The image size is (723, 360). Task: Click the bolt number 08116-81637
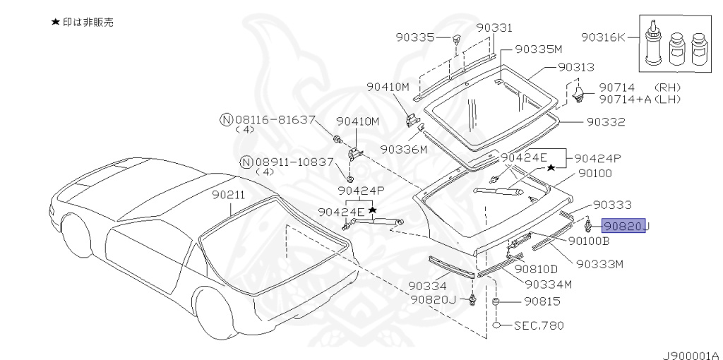pyautogui.click(x=275, y=120)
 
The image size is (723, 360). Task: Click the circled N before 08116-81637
pyautogui.click(x=225, y=120)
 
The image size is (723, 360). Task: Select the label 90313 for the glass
pyautogui.click(x=576, y=67)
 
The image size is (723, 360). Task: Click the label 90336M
pyautogui.click(x=404, y=150)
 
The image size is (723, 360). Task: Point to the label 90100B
pyautogui.click(x=589, y=241)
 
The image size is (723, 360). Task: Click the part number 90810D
pyautogui.click(x=536, y=269)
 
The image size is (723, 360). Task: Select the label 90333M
pyautogui.click(x=600, y=264)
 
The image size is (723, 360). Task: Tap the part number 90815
pyautogui.click(x=542, y=301)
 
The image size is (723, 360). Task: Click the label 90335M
pyautogui.click(x=538, y=49)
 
